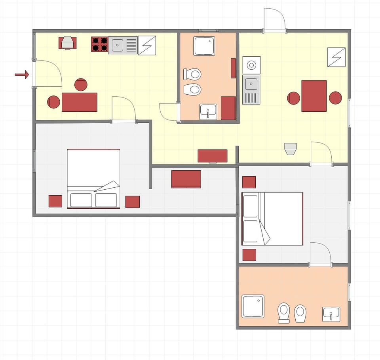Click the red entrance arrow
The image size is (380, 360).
point(22,74)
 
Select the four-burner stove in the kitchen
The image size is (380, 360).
point(99,44)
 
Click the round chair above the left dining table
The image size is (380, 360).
point(81,85)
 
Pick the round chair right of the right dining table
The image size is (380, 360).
point(335,98)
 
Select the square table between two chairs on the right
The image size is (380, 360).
point(314,96)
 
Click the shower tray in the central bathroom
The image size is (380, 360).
point(204,46)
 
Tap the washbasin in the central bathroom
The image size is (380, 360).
point(208,111)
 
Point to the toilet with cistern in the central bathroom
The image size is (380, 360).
point(192,74)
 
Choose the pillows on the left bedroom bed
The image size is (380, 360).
point(94,200)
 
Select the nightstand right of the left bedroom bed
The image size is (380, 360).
point(132,202)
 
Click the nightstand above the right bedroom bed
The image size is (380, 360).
point(249,182)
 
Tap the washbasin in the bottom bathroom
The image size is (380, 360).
point(331,314)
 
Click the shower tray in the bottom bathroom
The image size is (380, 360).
point(253,306)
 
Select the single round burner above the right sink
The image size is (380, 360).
point(251,65)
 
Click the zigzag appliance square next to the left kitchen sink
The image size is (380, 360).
point(146,45)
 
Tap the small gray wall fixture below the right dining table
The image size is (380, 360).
point(291,149)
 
